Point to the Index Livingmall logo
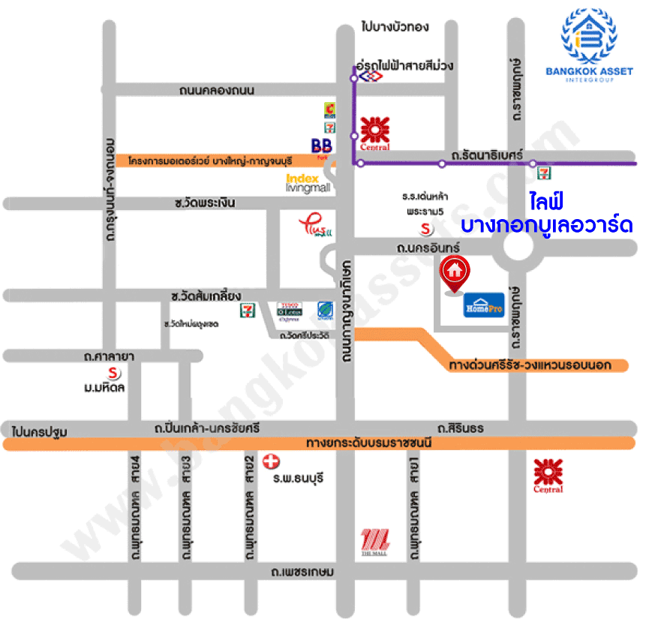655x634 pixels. (x=303, y=183)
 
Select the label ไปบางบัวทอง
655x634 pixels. (x=395, y=27)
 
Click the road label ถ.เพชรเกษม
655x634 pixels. (x=303, y=572)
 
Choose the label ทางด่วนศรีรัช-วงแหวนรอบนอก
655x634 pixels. (x=530, y=365)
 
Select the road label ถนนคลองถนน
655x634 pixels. (x=217, y=91)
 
